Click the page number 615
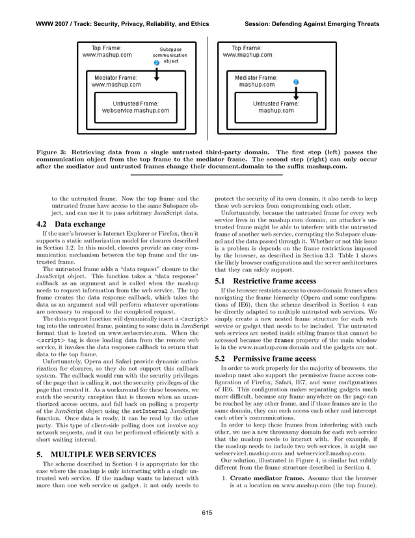[207, 514]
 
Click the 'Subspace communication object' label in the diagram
[170, 55]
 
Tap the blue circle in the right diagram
[296, 82]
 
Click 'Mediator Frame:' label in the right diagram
[256, 77]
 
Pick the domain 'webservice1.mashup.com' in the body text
[246, 450]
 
